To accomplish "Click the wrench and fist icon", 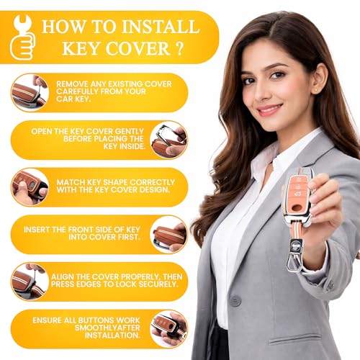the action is pyautogui.click(x=22, y=37).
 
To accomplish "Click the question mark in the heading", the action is pyautogui.click(x=179, y=48).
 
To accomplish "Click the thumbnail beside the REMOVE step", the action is pyautogui.click(x=30, y=93).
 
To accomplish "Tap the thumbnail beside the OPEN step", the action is pyautogui.click(x=168, y=140).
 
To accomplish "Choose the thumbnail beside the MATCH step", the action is pyautogui.click(x=30, y=187).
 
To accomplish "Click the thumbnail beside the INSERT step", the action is pyautogui.click(x=168, y=235).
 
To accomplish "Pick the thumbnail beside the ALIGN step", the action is pyautogui.click(x=30, y=282).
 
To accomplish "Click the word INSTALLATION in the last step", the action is pyautogui.click(x=112, y=336).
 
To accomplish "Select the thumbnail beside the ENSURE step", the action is pyautogui.click(x=168, y=329).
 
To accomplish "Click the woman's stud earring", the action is pyautogui.click(x=315, y=90).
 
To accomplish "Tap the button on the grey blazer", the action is pyautogui.click(x=235, y=301).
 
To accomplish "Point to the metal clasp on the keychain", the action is pyautogui.click(x=295, y=254).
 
